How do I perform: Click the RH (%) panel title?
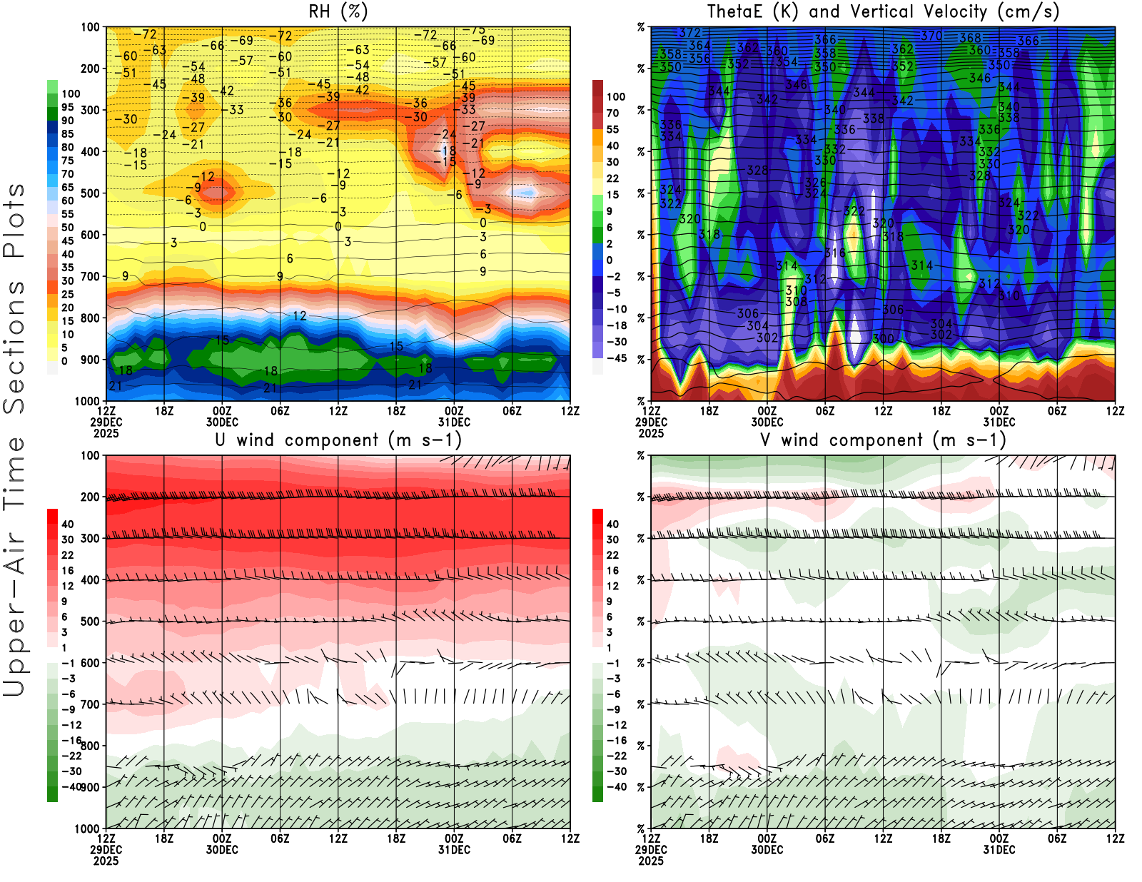338,11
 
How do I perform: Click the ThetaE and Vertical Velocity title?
883,11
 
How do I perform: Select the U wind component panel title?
338,440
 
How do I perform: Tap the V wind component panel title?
883,440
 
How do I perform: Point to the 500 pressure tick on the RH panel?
91,193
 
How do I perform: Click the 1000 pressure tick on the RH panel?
88,401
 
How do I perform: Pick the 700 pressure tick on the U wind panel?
91,704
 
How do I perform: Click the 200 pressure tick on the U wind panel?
91,497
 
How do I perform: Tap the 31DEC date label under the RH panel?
454,422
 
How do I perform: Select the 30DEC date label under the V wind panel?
767,850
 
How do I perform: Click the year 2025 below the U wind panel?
106,861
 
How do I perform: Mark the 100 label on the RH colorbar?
71,93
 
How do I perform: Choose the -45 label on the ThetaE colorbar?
617,358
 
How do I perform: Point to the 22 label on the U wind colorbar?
68,555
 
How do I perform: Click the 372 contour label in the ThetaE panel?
690,33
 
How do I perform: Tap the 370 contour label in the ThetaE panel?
931,36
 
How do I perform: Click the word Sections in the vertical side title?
14,346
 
